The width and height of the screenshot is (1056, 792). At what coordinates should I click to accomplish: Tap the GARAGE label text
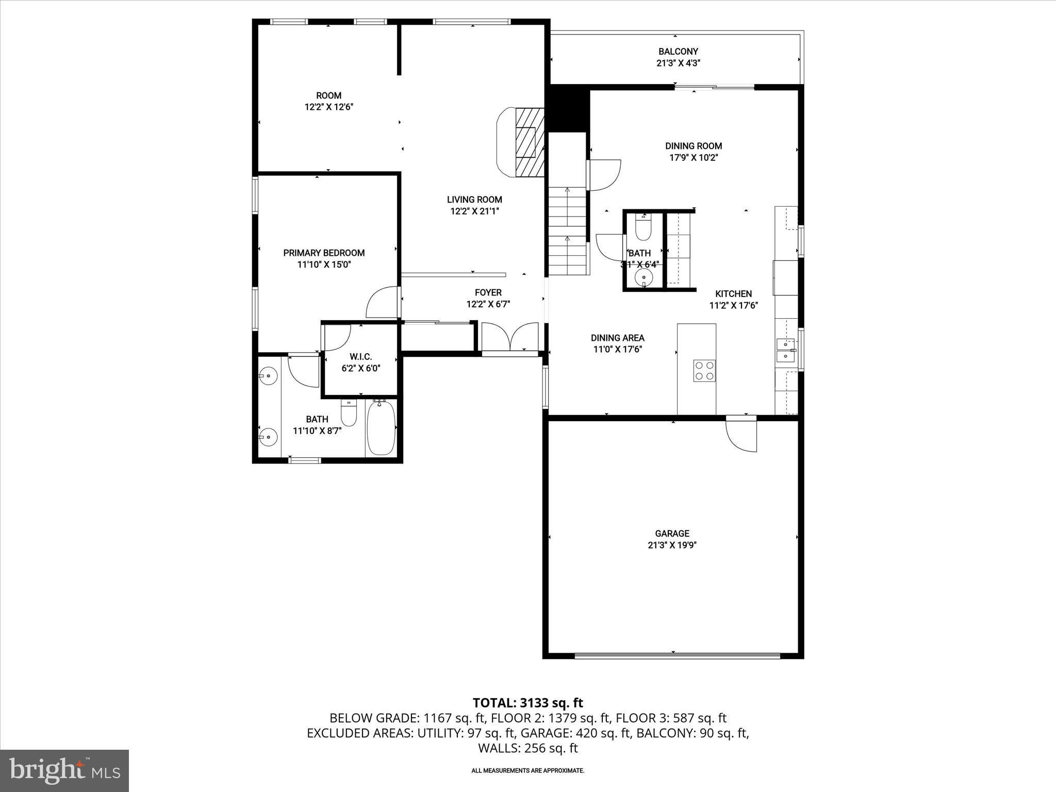672,533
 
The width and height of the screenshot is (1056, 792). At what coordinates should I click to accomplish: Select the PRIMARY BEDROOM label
324,253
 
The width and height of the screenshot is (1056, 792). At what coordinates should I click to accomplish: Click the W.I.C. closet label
361,357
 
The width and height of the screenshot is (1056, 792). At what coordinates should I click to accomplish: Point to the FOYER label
488,293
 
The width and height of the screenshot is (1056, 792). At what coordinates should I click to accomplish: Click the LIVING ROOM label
474,200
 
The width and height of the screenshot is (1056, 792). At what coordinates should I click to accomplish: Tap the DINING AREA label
618,338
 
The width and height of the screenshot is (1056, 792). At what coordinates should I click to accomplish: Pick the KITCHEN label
734,294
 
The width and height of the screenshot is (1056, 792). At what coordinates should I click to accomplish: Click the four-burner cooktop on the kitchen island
704,370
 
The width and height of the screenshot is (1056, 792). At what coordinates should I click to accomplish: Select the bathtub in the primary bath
381,428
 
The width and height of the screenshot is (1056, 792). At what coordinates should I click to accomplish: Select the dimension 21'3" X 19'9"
672,545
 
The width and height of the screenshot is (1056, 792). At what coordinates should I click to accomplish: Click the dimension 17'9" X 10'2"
694,158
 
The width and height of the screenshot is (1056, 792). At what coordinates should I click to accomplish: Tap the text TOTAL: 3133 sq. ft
528,703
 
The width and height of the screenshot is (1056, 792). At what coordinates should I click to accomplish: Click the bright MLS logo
64,770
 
